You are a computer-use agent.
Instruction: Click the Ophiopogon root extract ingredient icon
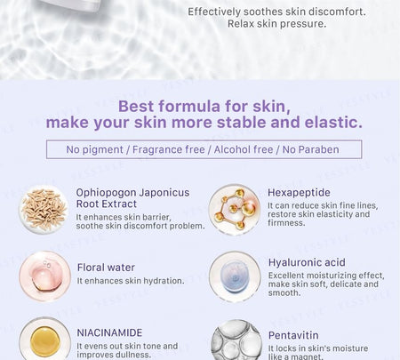44,210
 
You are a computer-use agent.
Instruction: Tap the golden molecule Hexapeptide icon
235,210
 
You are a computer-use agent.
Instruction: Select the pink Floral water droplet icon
44,276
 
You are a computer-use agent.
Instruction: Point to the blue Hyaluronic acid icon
235,276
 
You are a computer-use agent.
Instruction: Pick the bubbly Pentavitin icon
236,340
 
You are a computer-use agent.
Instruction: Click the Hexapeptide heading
299,193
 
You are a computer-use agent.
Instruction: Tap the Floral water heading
106,268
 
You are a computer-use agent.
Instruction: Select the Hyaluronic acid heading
307,262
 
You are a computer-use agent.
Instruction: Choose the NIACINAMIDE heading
109,332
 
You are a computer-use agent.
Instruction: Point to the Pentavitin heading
293,335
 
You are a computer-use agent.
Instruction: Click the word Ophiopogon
106,193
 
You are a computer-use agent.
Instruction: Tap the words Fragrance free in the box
168,149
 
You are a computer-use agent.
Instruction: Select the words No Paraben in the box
310,149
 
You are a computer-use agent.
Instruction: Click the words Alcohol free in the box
244,149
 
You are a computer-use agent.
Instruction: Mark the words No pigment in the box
94,150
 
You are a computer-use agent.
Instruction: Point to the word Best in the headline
135,106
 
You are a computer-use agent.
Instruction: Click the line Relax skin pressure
276,24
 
